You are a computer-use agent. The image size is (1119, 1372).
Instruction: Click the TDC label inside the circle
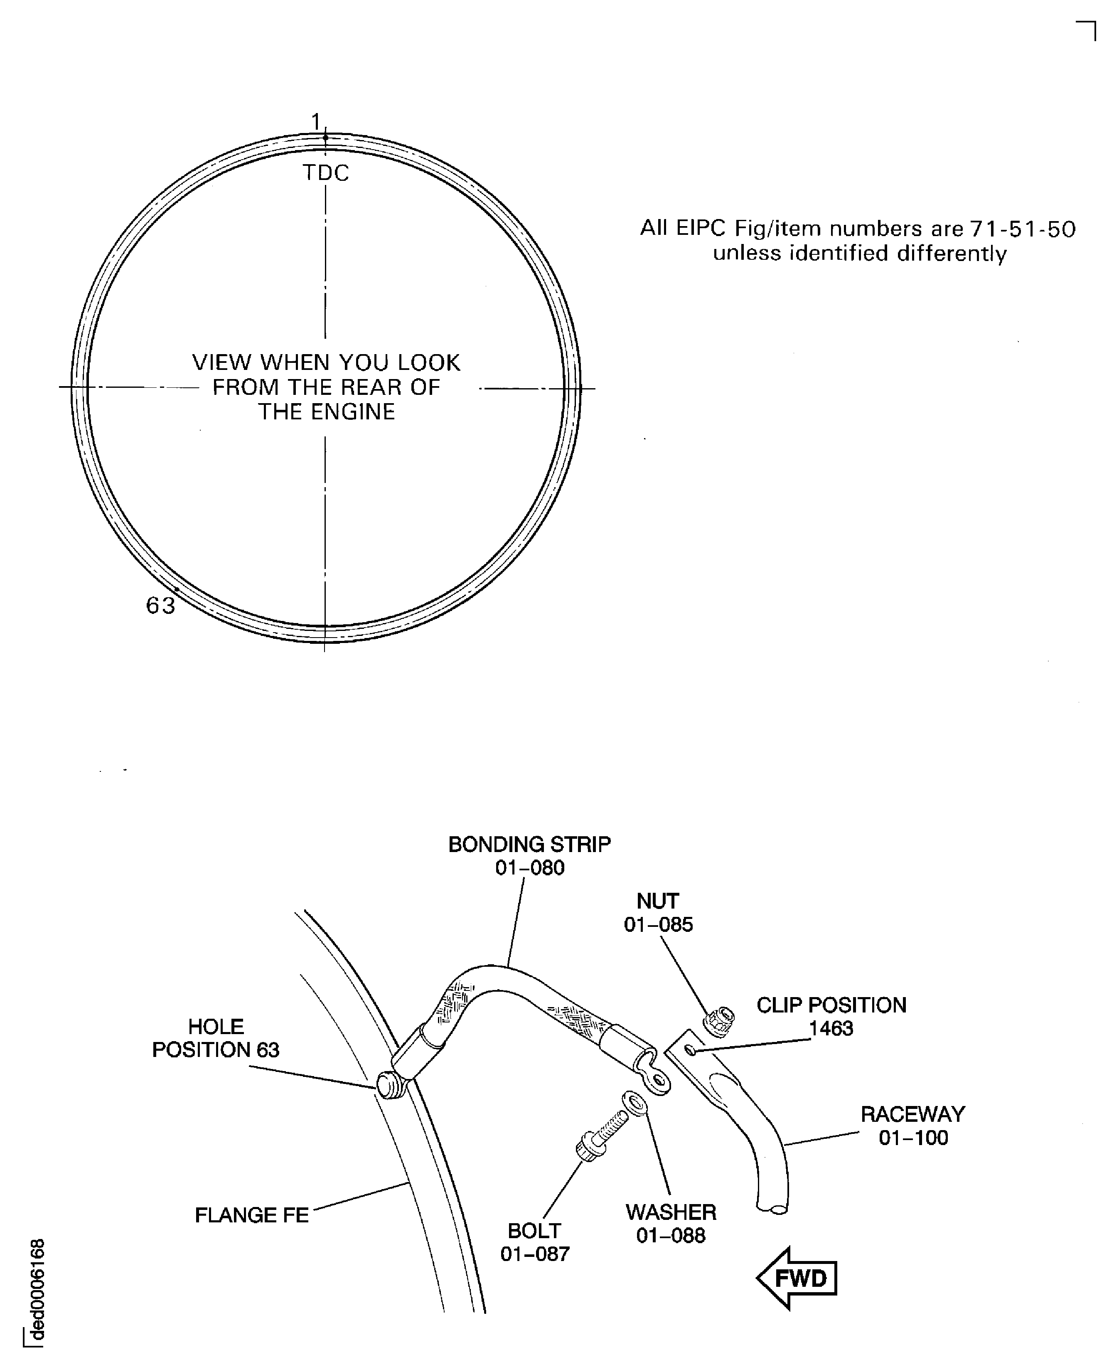click(325, 173)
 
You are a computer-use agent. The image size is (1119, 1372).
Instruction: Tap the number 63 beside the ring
click(160, 606)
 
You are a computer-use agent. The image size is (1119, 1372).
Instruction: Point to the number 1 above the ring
click(316, 121)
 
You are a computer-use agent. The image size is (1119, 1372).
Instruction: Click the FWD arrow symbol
click(797, 1278)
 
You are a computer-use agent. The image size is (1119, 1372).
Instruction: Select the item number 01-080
click(529, 868)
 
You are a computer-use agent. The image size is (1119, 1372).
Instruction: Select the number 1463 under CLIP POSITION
click(831, 1028)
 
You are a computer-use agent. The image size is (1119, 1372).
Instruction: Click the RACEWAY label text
click(913, 1114)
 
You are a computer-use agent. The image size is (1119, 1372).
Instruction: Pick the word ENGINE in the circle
click(353, 412)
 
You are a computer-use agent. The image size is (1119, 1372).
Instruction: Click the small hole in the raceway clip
click(690, 1051)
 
